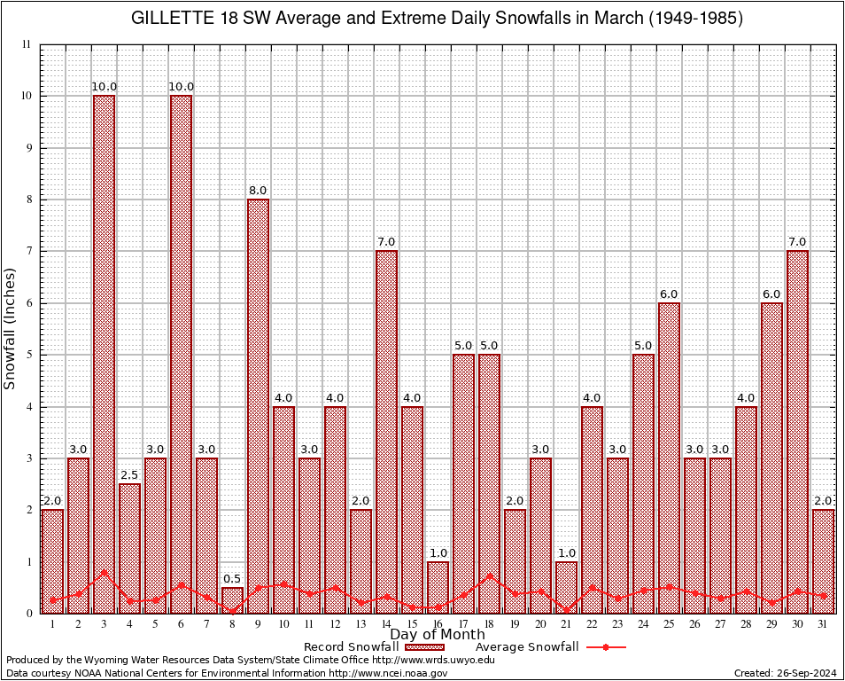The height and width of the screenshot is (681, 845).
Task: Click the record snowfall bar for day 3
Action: tap(105, 355)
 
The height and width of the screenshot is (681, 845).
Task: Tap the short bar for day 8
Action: tap(232, 600)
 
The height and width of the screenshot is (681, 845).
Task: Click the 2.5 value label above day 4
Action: tap(129, 475)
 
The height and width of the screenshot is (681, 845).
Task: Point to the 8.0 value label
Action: tap(258, 191)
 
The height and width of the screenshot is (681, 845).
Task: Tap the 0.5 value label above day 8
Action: tap(232, 579)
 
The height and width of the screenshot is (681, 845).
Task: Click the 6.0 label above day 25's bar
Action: tap(669, 294)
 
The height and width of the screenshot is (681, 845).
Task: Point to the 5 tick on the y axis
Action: tap(28, 355)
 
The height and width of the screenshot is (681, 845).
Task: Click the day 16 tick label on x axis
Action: tap(438, 624)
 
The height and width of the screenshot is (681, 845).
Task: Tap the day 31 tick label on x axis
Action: tap(823, 624)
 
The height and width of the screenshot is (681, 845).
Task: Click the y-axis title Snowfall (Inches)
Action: tap(11, 328)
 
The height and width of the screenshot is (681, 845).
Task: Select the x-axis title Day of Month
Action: tap(438, 635)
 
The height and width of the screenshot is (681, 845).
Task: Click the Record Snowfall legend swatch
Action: tap(421, 647)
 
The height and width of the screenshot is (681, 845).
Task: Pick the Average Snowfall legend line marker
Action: tap(604, 647)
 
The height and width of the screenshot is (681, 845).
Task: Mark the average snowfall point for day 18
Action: tap(489, 575)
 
